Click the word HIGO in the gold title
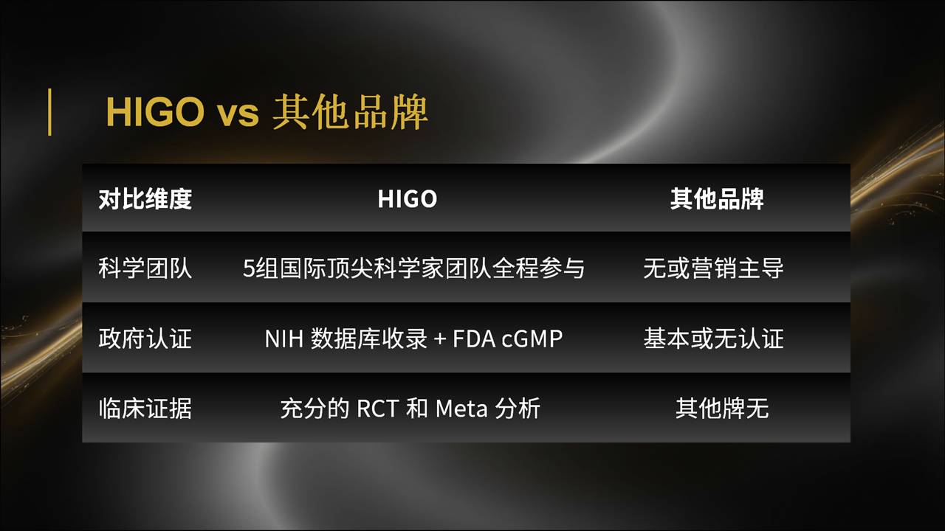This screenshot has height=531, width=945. click(x=155, y=112)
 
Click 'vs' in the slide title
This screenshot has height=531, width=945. click(x=238, y=115)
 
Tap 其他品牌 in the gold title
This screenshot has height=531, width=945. click(x=350, y=112)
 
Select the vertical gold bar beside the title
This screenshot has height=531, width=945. click(x=49, y=112)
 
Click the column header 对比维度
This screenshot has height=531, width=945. click(x=145, y=199)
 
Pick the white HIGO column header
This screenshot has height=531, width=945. click(x=407, y=199)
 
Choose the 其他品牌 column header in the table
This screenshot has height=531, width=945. click(x=717, y=199)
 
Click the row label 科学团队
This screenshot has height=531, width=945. click(x=145, y=268)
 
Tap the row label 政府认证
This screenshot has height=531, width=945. click(x=145, y=339)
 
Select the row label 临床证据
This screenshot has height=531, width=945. click(x=145, y=409)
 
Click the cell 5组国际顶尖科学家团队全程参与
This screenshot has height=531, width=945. click(x=413, y=268)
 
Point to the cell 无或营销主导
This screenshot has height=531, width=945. click(x=713, y=268)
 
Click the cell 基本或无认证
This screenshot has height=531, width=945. click(x=713, y=339)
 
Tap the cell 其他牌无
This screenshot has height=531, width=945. click(x=722, y=409)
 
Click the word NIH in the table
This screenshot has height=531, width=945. click(x=284, y=339)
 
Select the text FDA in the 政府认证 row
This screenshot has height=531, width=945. click(x=474, y=339)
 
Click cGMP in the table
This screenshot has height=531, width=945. click(x=532, y=339)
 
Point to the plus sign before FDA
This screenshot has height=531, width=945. click(x=439, y=339)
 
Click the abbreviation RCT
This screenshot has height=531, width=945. click(x=377, y=409)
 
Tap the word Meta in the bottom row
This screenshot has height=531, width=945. click(x=461, y=409)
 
